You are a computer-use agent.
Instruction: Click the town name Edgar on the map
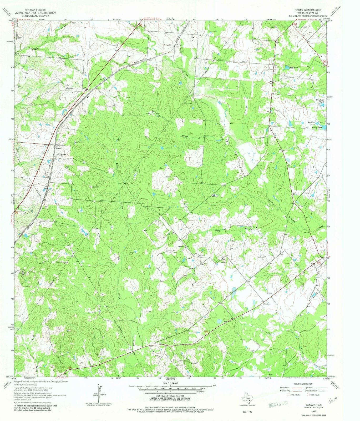58,148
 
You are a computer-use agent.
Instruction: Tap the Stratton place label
266,304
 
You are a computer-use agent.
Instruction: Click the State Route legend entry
314,395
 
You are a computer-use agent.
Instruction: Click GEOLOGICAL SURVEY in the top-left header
30,15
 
